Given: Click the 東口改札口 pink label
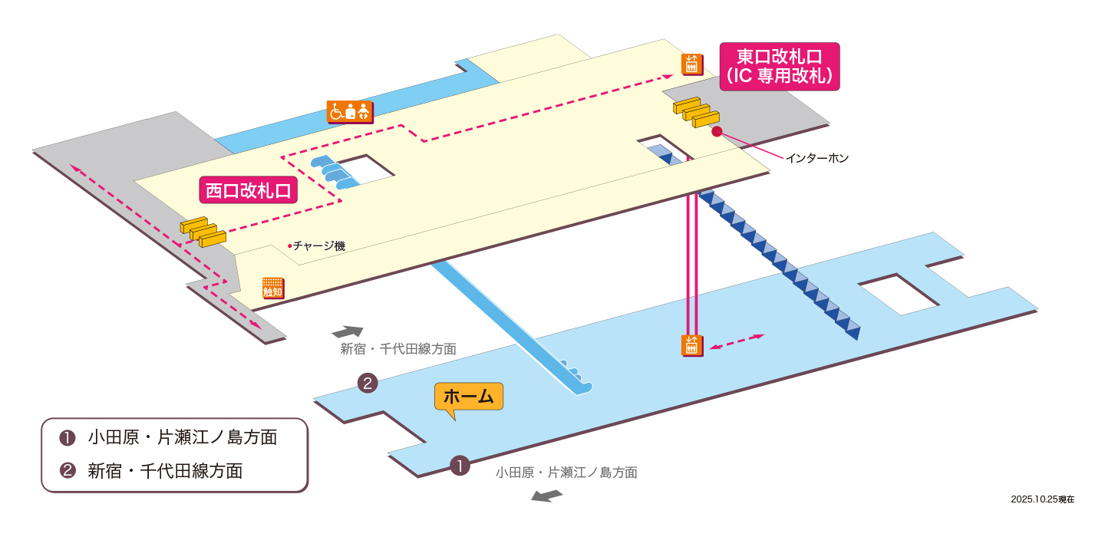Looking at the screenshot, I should pos(779,66).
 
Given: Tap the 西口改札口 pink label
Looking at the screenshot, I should pos(248,190).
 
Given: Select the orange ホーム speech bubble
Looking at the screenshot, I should pos(468,397).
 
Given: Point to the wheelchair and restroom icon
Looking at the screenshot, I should pos(349,111).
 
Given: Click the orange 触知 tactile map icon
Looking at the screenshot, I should pos(272,288).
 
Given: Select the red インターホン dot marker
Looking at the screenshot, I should pos(717,131).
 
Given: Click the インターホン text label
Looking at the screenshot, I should pos(816,158).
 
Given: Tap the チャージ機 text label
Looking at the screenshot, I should pos(318,246).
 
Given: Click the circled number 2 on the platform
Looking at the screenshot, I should pos(368,383).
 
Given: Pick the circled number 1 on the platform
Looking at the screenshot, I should pos(459,465).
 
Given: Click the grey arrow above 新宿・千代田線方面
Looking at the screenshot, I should pos(347,331).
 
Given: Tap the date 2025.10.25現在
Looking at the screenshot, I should pos(1042,499).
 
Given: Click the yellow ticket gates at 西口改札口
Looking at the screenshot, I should pos(203,232).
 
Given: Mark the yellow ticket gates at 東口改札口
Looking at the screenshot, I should pos(696,112).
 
